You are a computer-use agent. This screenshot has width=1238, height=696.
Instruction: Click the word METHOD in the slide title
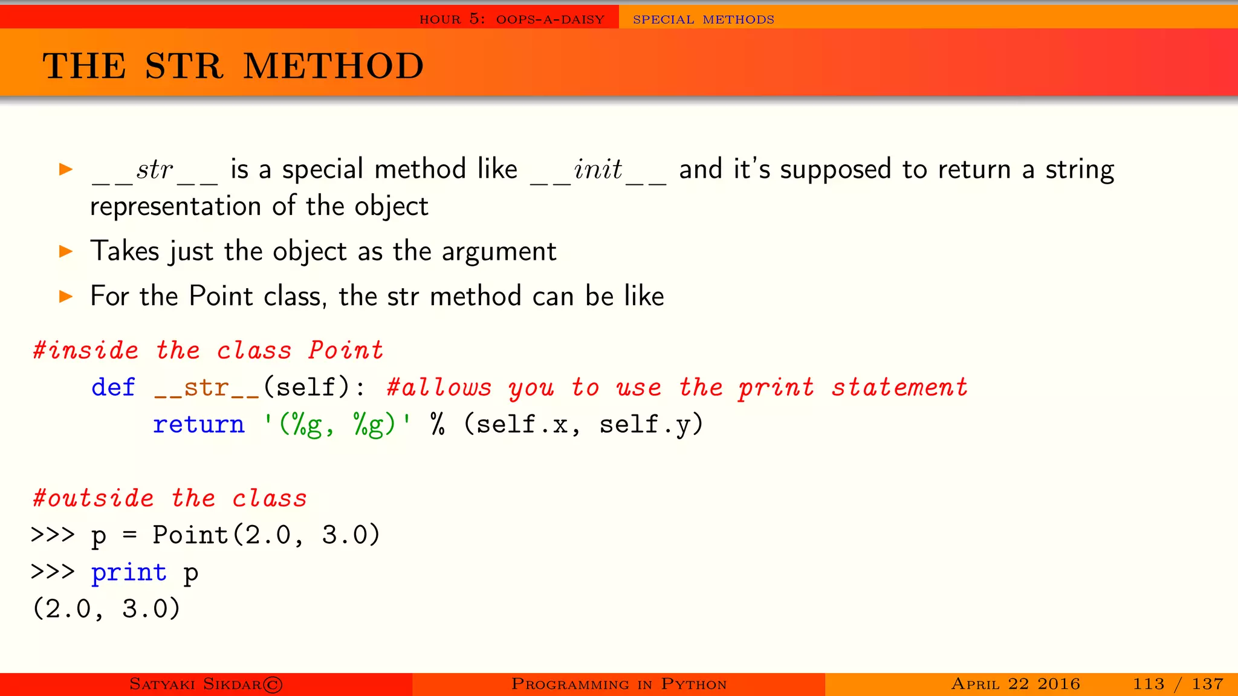click(x=334, y=66)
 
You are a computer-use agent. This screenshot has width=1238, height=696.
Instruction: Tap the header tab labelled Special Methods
click(x=703, y=19)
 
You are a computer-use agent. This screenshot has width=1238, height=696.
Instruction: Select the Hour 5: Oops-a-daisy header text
click(x=511, y=19)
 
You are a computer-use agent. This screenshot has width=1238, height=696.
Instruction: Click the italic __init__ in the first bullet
click(x=598, y=170)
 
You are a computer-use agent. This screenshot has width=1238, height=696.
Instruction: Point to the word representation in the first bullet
click(x=175, y=207)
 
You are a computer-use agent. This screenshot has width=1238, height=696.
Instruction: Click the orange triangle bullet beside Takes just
click(x=66, y=251)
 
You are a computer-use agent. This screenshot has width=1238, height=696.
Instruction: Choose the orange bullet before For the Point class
click(x=66, y=296)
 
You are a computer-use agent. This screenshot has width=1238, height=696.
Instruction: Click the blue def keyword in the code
click(x=113, y=387)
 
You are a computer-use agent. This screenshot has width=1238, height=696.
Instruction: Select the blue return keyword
click(x=198, y=424)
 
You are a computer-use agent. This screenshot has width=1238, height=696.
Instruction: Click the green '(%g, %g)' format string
click(x=337, y=424)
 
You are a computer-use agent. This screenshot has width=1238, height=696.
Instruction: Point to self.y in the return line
click(x=650, y=424)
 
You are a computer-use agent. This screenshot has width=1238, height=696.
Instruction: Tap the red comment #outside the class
click(x=170, y=498)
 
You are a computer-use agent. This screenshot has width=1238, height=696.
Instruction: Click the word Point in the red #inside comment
click(x=346, y=350)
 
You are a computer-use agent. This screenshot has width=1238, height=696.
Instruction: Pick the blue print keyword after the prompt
click(x=129, y=572)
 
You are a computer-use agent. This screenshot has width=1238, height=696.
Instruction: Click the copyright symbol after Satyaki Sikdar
click(x=273, y=685)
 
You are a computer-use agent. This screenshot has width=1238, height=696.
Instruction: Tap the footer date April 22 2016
click(x=1016, y=684)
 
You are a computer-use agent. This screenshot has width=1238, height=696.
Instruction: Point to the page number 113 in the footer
click(x=1149, y=684)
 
